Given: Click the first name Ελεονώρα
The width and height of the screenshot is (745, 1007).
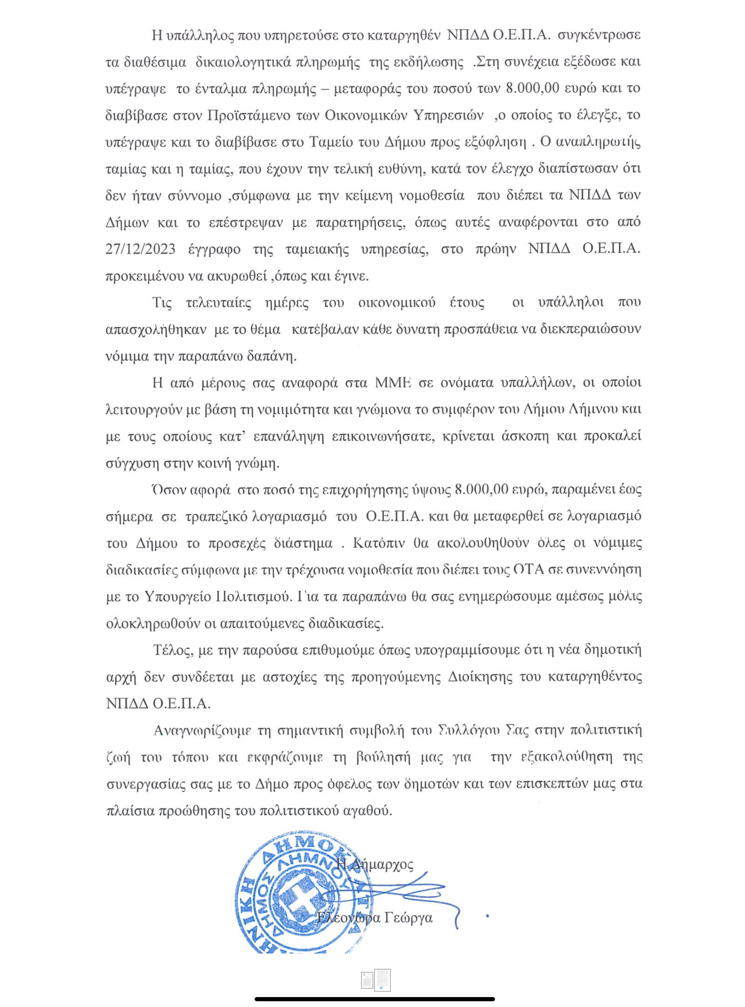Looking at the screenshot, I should point(349,918).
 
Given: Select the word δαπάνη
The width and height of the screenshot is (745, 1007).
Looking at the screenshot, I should point(274,356).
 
